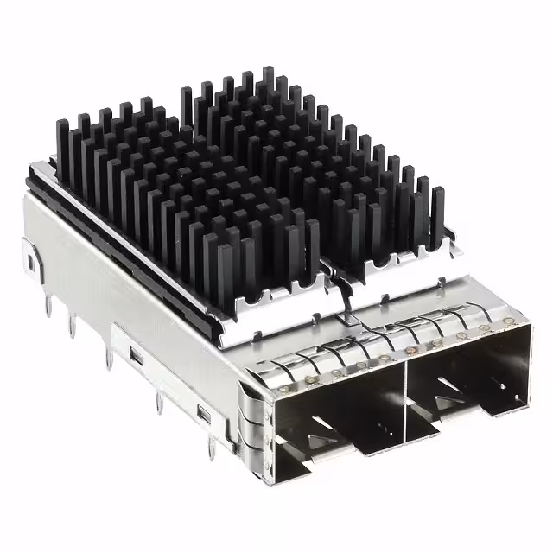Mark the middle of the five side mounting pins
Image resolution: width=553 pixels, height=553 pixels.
108,356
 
